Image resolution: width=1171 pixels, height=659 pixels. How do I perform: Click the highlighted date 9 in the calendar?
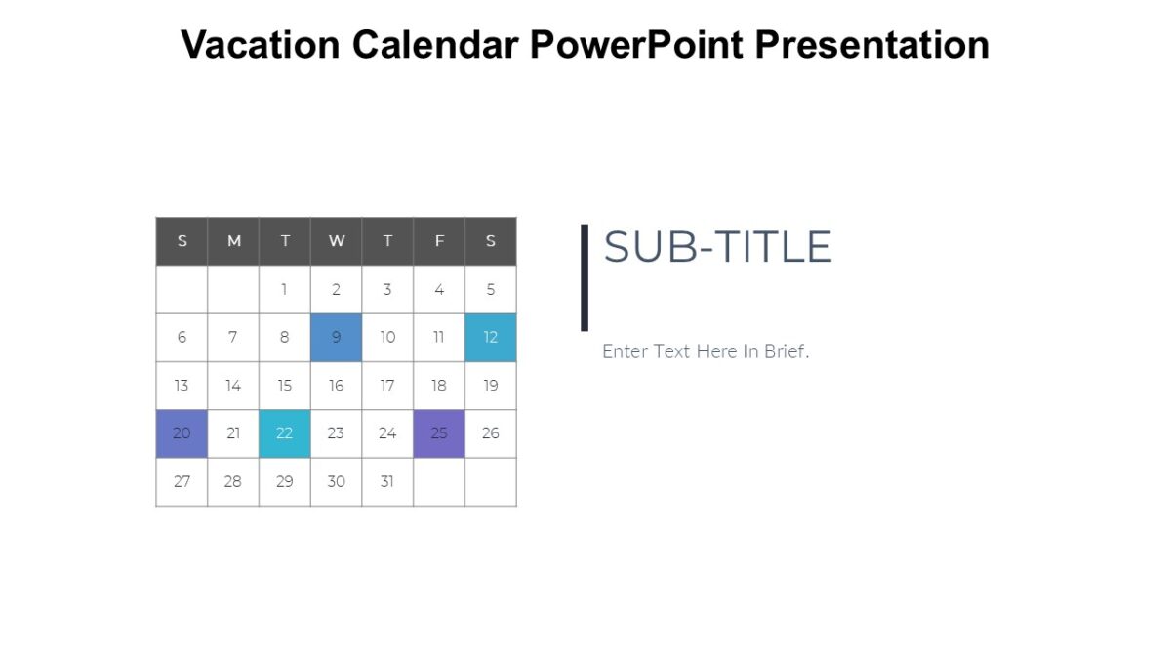[x=337, y=338]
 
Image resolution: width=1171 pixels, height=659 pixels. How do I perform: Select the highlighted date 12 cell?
[x=490, y=338]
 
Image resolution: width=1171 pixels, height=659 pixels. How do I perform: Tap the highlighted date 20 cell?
[x=182, y=433]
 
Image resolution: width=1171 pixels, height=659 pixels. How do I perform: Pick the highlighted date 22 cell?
[x=284, y=433]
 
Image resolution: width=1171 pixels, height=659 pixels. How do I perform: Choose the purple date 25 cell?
[x=439, y=433]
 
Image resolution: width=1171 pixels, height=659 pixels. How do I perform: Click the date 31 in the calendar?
[x=387, y=482]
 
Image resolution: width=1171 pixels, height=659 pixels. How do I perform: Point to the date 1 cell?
[x=284, y=290]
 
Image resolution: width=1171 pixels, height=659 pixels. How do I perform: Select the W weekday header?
[x=337, y=241]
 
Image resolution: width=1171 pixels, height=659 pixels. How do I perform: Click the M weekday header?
[x=233, y=241]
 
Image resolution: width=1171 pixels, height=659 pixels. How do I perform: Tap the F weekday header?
[x=439, y=241]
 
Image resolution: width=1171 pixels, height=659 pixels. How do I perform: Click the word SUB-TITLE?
[x=717, y=248]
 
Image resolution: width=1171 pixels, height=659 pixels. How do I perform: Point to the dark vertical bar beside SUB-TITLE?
[x=585, y=277]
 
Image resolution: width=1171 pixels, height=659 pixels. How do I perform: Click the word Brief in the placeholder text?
[x=787, y=351]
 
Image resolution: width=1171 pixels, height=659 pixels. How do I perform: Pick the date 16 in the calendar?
[x=337, y=386]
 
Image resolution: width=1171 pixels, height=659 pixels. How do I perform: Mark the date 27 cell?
[x=182, y=482]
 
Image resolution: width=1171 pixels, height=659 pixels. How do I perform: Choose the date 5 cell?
[x=490, y=290]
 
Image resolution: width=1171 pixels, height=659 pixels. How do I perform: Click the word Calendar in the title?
[x=434, y=45]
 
